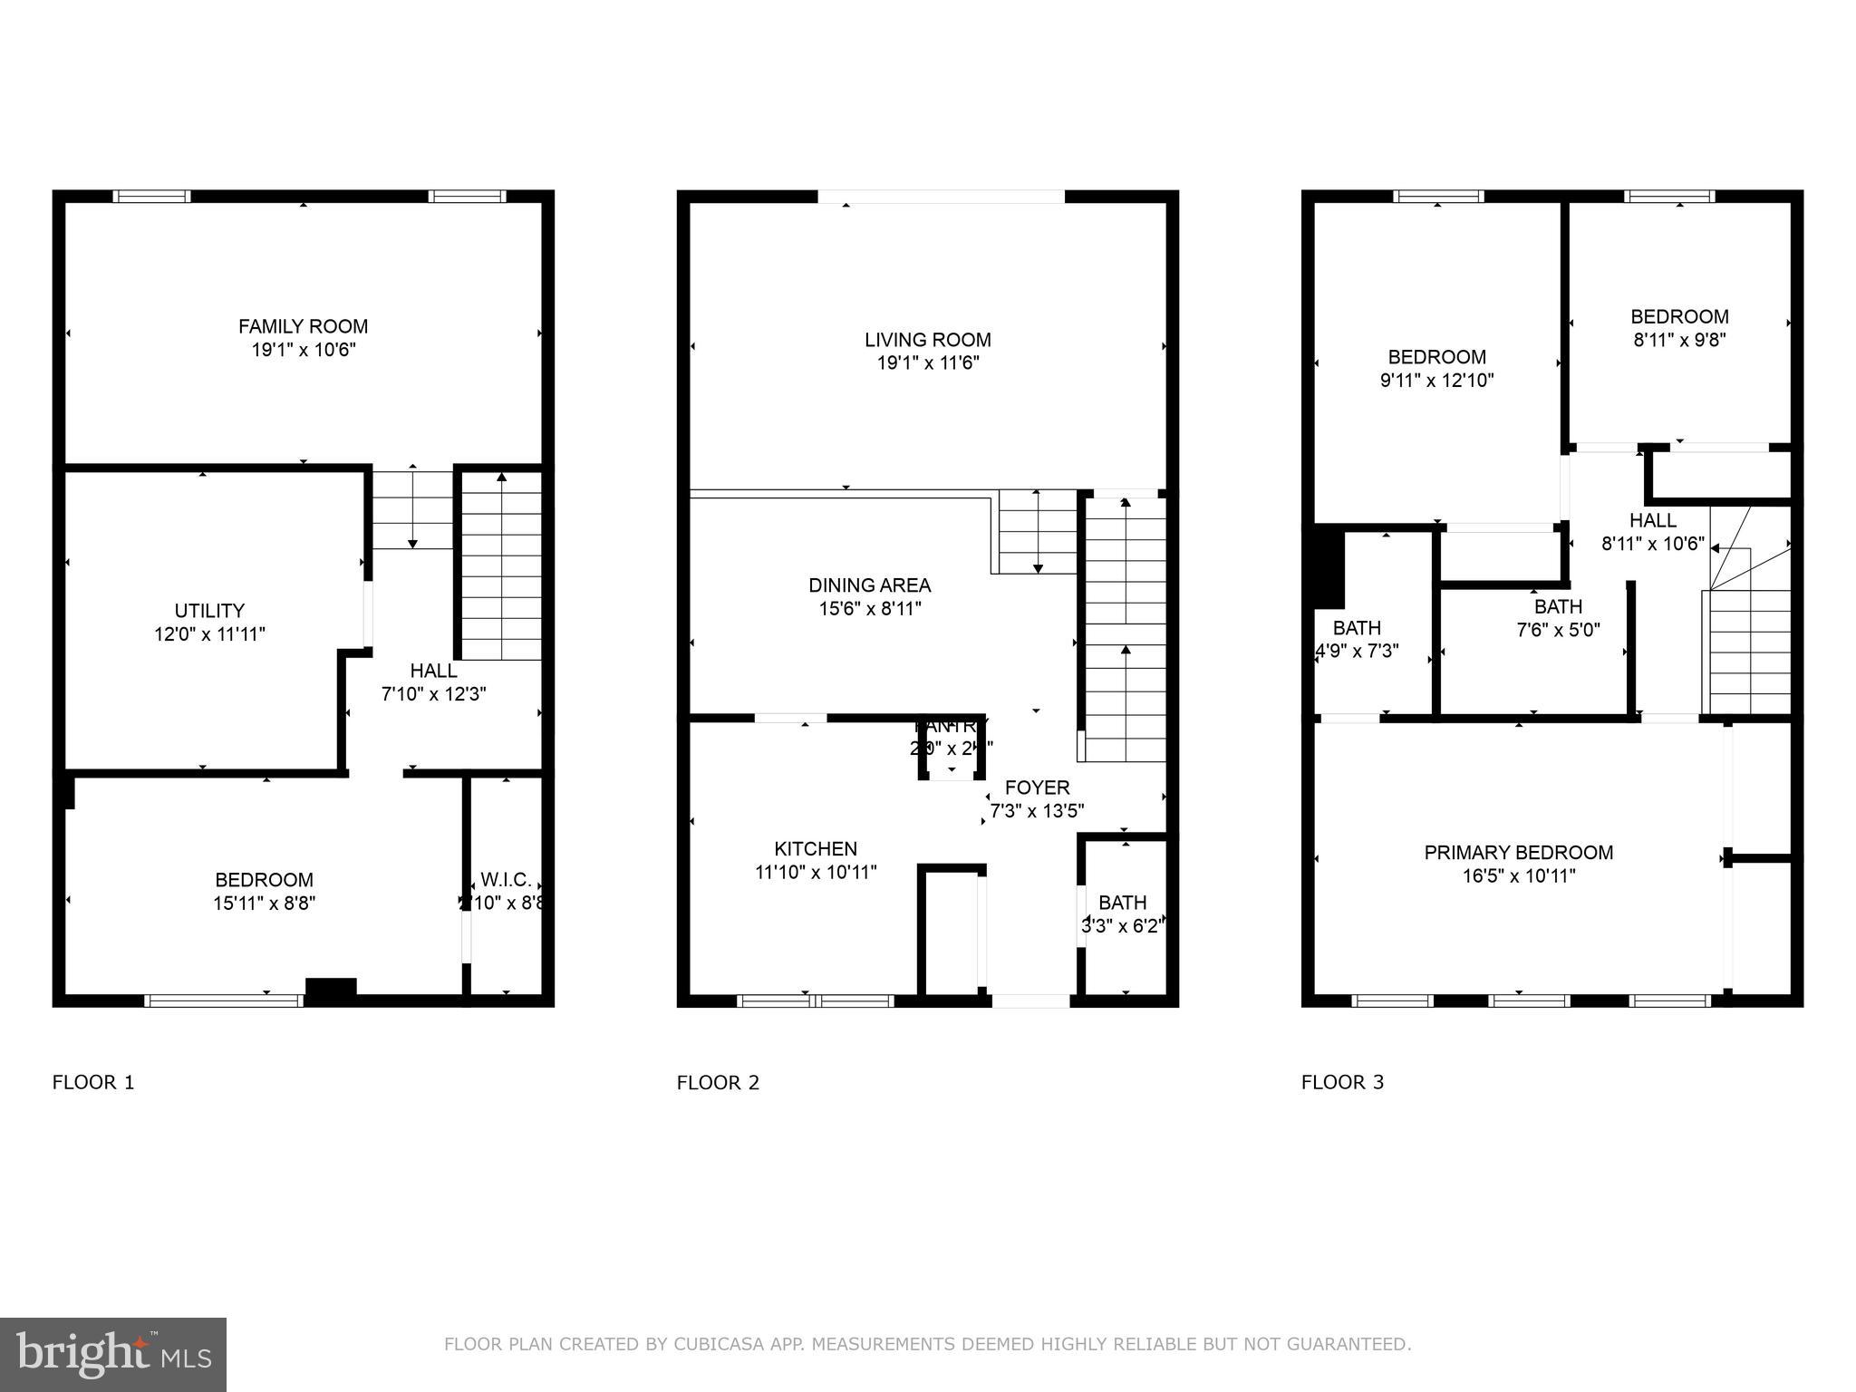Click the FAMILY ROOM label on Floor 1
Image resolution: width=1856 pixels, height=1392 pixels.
[303, 326]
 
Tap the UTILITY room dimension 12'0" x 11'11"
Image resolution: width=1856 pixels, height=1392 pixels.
[209, 634]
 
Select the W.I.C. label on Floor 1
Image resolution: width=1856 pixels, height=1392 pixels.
[506, 880]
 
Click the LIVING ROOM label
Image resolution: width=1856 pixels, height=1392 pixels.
[927, 340]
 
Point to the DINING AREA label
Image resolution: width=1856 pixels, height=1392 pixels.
[869, 585]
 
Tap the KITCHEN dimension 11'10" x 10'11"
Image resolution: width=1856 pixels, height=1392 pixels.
[816, 873]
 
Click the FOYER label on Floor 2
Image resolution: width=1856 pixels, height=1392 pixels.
[1037, 788]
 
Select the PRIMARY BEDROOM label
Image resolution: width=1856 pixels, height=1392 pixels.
[1518, 853]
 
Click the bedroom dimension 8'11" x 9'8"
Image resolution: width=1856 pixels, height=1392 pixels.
[1679, 341]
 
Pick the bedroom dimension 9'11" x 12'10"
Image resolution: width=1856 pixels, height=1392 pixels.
[1436, 381]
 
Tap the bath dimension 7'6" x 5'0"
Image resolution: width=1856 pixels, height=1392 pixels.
[1558, 630]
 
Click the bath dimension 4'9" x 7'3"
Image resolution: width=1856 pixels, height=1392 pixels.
[1357, 652]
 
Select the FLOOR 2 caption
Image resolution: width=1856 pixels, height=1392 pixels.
[718, 1082]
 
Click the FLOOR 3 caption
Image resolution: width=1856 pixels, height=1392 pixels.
[1342, 1082]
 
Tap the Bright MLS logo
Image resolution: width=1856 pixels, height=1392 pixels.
[113, 1355]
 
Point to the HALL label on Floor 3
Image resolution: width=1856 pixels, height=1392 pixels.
[1652, 521]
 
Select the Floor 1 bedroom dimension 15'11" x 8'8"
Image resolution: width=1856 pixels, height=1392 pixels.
[264, 904]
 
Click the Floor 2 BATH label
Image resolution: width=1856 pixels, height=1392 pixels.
[1122, 903]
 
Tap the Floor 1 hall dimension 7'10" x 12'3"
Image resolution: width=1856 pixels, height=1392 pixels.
[433, 694]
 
